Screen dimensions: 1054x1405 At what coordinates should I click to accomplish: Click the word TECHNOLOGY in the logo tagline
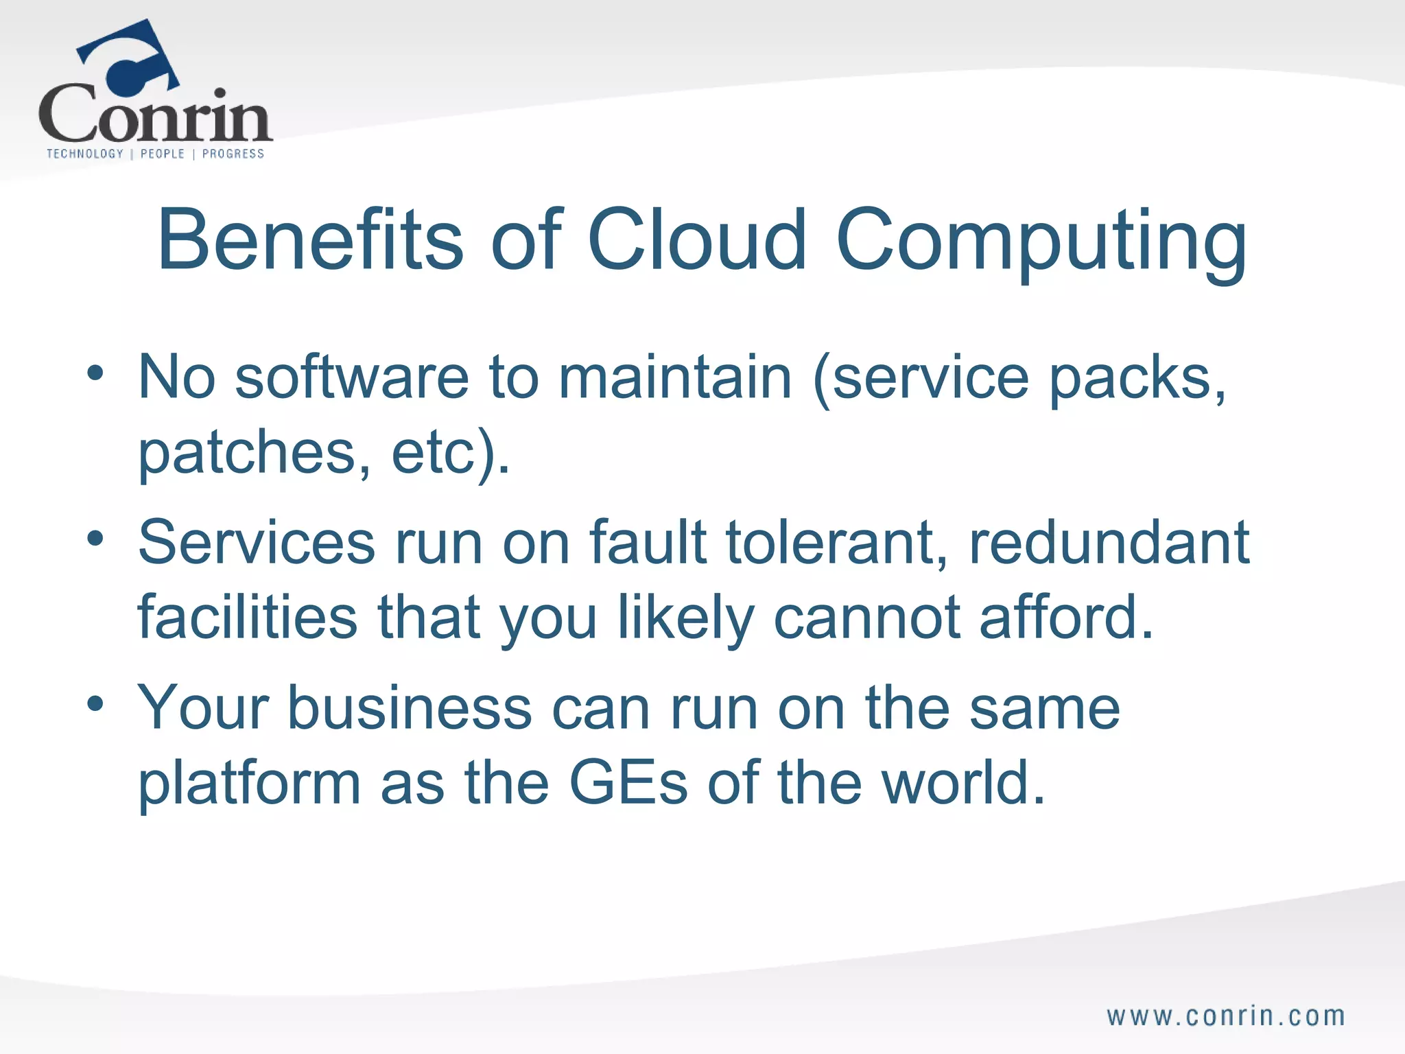pyautogui.click(x=85, y=154)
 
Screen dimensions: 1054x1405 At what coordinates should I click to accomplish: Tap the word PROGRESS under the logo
pyautogui.click(x=233, y=154)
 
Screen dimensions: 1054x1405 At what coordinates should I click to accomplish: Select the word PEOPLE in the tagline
pyautogui.click(x=163, y=154)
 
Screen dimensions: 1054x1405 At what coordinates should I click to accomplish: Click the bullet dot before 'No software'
pyautogui.click(x=95, y=374)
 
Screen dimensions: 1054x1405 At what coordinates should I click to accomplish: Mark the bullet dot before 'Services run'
pyautogui.click(x=95, y=539)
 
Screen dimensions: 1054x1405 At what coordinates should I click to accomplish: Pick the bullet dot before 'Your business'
pyautogui.click(x=95, y=704)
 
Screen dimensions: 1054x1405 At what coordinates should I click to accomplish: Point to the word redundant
pyautogui.click(x=1109, y=542)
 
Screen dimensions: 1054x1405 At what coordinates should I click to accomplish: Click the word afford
pyautogui.click(x=1065, y=617)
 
